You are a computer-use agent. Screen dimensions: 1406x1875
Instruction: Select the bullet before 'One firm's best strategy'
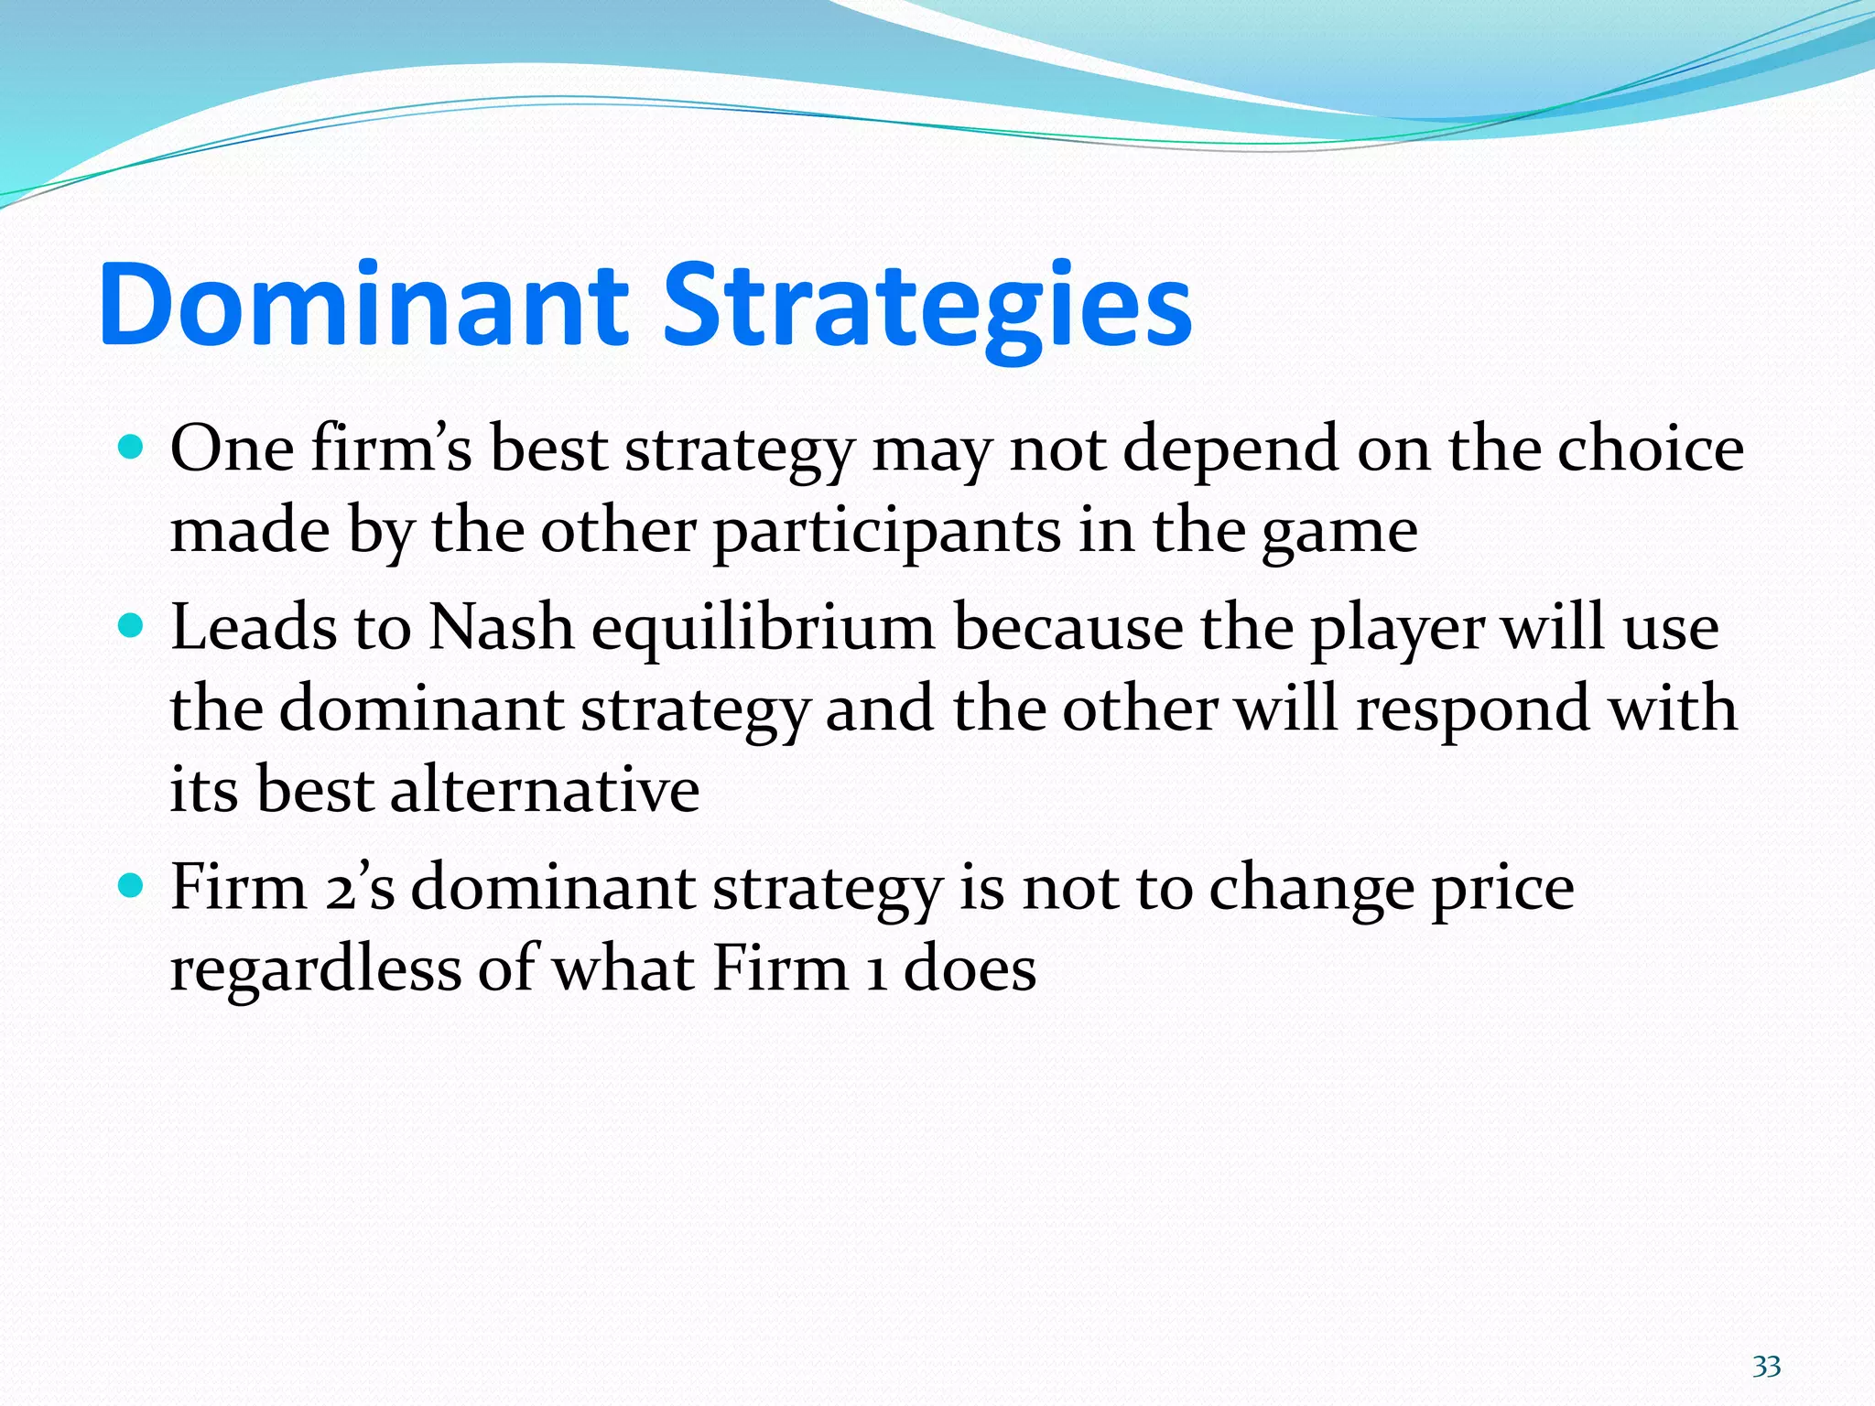[132, 448]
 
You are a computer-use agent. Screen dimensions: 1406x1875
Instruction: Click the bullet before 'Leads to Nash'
[132, 627]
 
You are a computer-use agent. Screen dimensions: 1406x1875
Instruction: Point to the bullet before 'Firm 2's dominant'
[132, 886]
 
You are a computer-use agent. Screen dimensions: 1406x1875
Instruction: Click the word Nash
[501, 628]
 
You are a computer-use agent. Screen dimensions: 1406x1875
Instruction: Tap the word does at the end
[970, 968]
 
